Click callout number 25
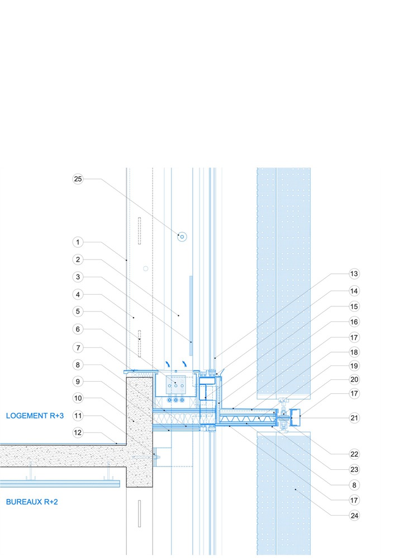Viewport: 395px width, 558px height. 78,179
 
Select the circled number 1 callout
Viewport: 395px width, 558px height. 78,242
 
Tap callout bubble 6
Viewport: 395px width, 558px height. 78,329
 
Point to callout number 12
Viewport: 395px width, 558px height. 78,433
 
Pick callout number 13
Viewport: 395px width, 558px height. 354,273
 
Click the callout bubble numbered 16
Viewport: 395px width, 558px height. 354,322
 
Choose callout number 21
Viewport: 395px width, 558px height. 354,418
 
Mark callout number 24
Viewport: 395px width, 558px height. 354,516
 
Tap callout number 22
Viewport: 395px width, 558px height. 354,454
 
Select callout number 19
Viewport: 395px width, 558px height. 354,366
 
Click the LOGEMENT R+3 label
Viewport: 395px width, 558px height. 35,416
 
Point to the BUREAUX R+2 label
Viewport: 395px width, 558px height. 32,502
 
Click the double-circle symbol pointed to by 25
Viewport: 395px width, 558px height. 182,237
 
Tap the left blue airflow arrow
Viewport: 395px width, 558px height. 168,364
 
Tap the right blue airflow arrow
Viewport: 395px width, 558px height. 184,364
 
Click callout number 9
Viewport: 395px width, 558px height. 78,382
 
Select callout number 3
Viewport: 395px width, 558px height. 78,277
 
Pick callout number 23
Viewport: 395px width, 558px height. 354,469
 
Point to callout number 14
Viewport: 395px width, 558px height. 354,291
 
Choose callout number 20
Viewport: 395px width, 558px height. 354,379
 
